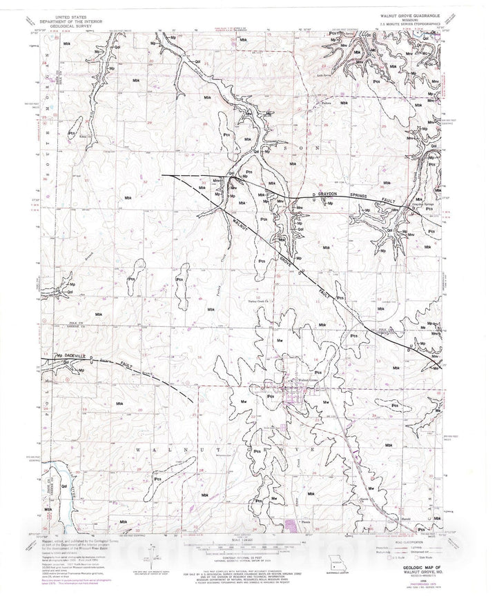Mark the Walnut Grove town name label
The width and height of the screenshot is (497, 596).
click(x=307, y=380)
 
